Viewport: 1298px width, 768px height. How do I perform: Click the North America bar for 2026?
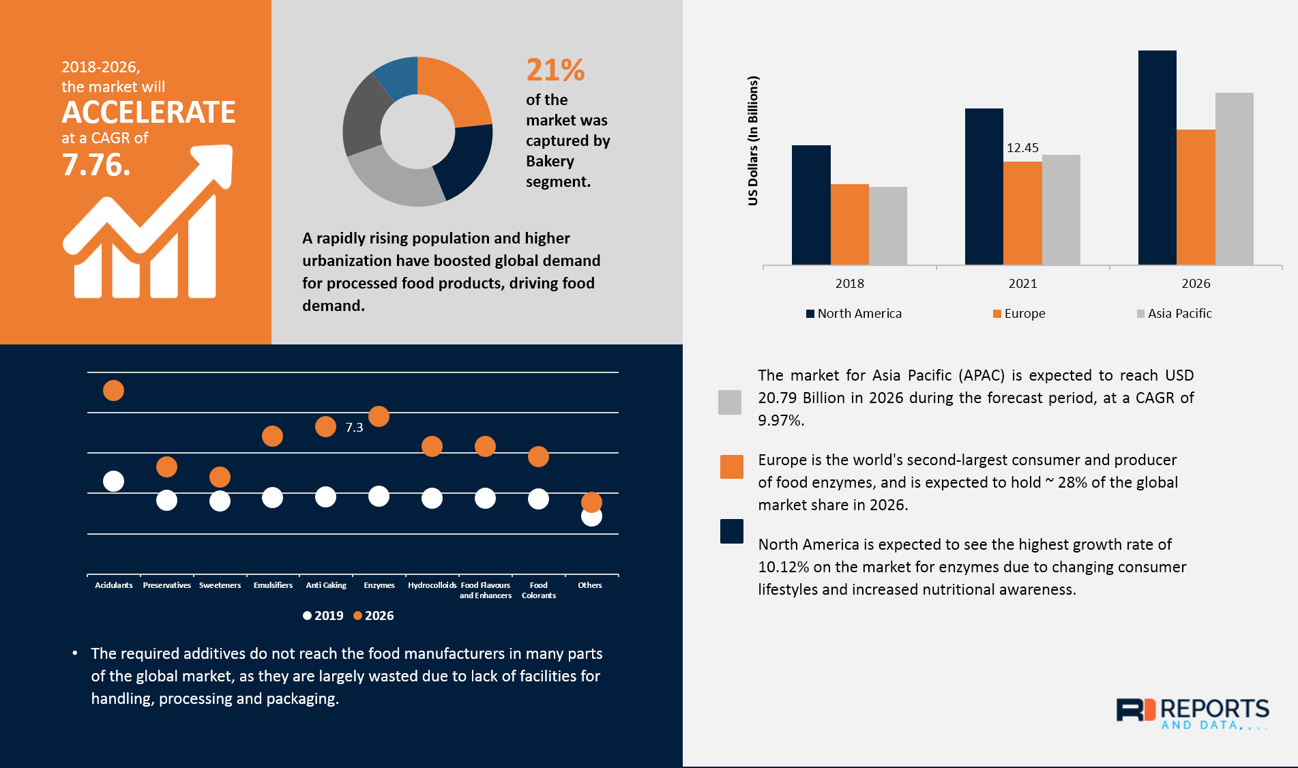pos(1157,158)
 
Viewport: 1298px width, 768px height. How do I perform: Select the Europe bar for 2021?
pos(1022,213)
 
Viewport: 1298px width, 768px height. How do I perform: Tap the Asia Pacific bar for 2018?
pos(887,226)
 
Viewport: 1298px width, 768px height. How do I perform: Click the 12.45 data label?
pos(1022,148)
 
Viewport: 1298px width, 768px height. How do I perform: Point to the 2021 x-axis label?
pos(1022,284)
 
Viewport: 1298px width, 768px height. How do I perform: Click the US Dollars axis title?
pos(753,141)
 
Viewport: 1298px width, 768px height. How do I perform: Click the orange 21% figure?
pos(555,70)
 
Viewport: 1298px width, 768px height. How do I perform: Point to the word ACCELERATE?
pos(149,113)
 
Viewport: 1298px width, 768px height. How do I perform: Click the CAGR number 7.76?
pos(95,165)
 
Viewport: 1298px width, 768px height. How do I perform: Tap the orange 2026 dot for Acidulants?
pos(113,391)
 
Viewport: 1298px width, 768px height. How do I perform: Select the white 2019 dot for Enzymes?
pos(379,497)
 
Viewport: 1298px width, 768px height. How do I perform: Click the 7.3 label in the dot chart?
pos(354,428)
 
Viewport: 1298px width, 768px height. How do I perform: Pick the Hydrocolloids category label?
pos(432,585)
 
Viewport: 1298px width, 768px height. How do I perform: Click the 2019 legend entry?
pos(323,616)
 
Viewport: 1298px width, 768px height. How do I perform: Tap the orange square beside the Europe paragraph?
pos(732,467)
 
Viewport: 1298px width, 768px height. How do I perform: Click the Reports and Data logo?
pos(1192,713)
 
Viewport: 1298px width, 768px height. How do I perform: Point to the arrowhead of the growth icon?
pos(217,161)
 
